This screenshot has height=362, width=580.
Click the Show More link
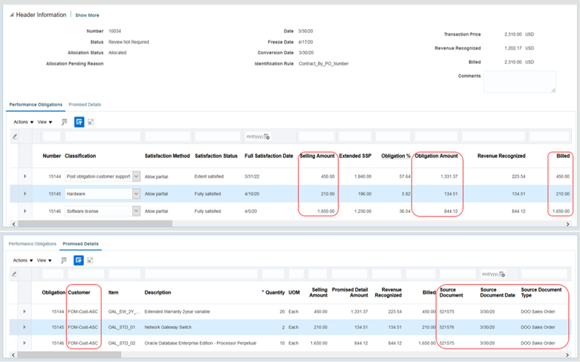pyautogui.click(x=87, y=15)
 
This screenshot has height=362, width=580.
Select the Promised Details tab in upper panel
pyautogui.click(x=85, y=105)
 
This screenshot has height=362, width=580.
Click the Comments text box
pyautogui.click(x=519, y=82)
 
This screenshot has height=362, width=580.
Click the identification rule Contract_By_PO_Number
pyautogui.click(x=324, y=63)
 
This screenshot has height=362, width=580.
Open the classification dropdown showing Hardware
pyautogui.click(x=136, y=193)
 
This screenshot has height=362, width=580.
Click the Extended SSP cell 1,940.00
pyautogui.click(x=359, y=176)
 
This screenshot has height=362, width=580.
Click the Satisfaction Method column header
pyautogui.click(x=167, y=156)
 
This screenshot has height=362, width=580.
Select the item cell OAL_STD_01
pyautogui.click(x=122, y=327)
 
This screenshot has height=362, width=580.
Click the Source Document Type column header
pyautogui.click(x=541, y=293)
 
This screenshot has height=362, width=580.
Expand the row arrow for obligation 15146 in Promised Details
pyautogui.click(x=25, y=343)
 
